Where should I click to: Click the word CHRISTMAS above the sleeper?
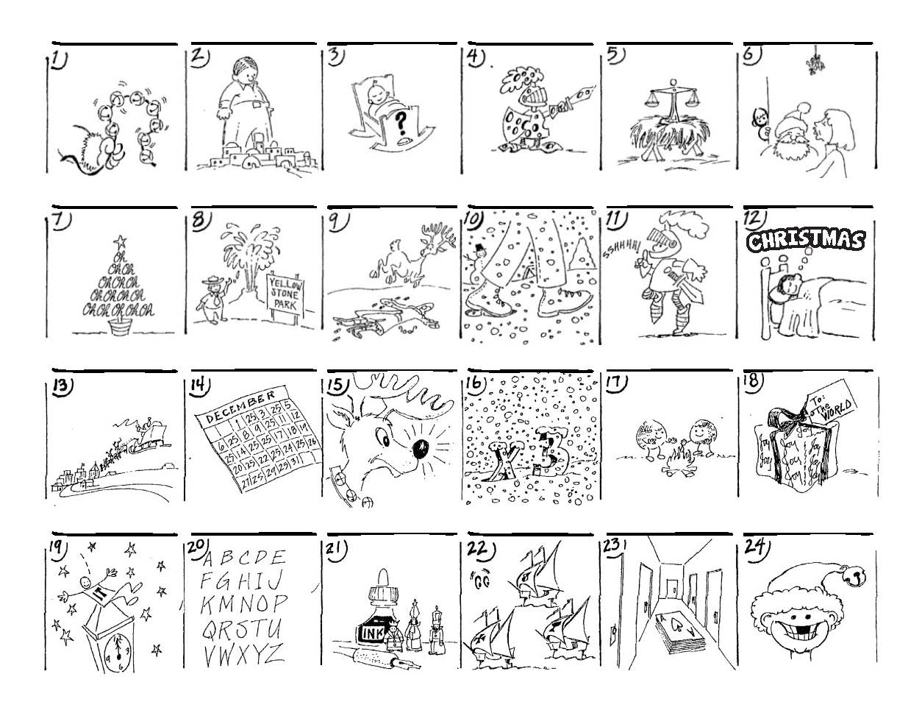click(805, 241)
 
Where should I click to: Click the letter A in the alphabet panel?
click(209, 557)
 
